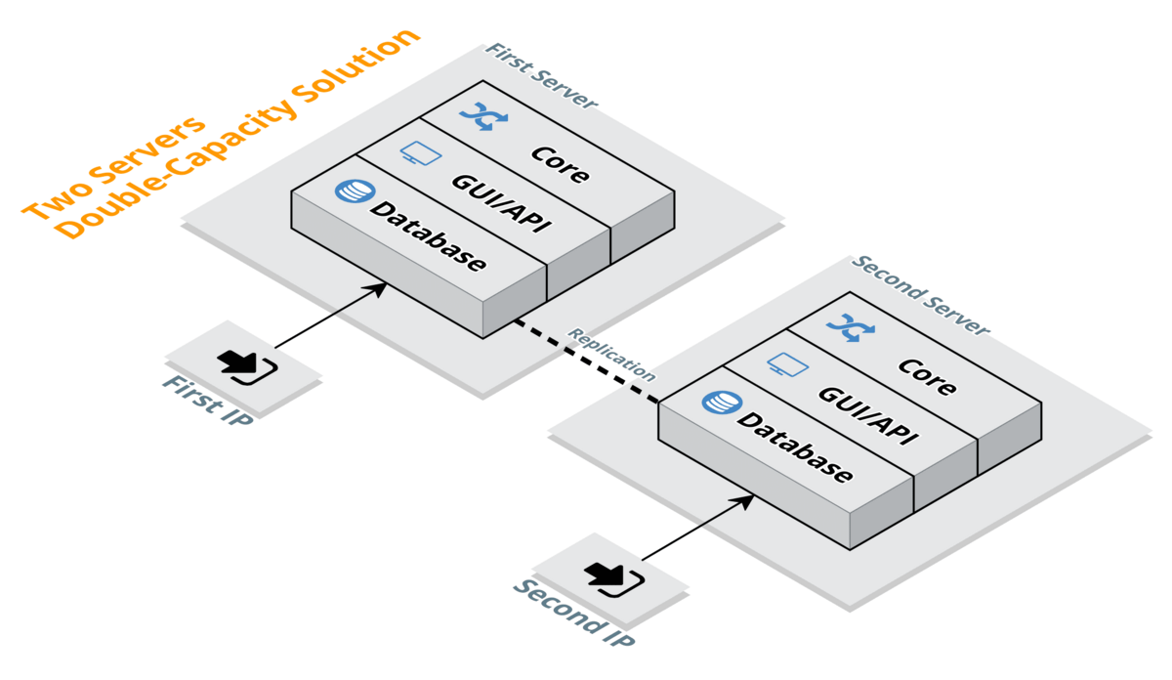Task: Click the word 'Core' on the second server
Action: click(927, 377)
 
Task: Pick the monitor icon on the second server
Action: click(787, 365)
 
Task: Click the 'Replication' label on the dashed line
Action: click(612, 354)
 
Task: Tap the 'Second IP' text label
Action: click(573, 613)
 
